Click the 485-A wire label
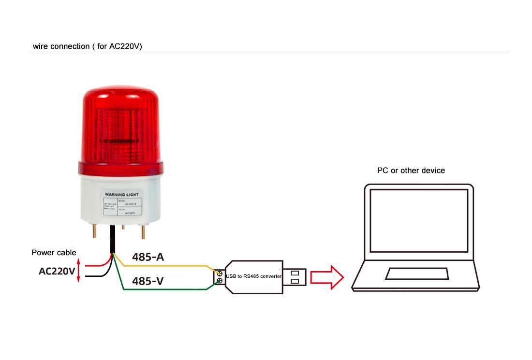tap(148, 257)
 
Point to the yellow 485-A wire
tap(164, 266)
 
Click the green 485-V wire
tap(164, 289)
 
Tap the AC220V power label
tap(57, 271)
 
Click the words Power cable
tap(54, 252)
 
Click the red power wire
tap(97, 264)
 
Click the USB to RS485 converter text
tap(253, 276)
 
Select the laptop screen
tap(418, 220)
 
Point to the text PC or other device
tap(411, 171)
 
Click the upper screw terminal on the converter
tap(219, 273)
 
